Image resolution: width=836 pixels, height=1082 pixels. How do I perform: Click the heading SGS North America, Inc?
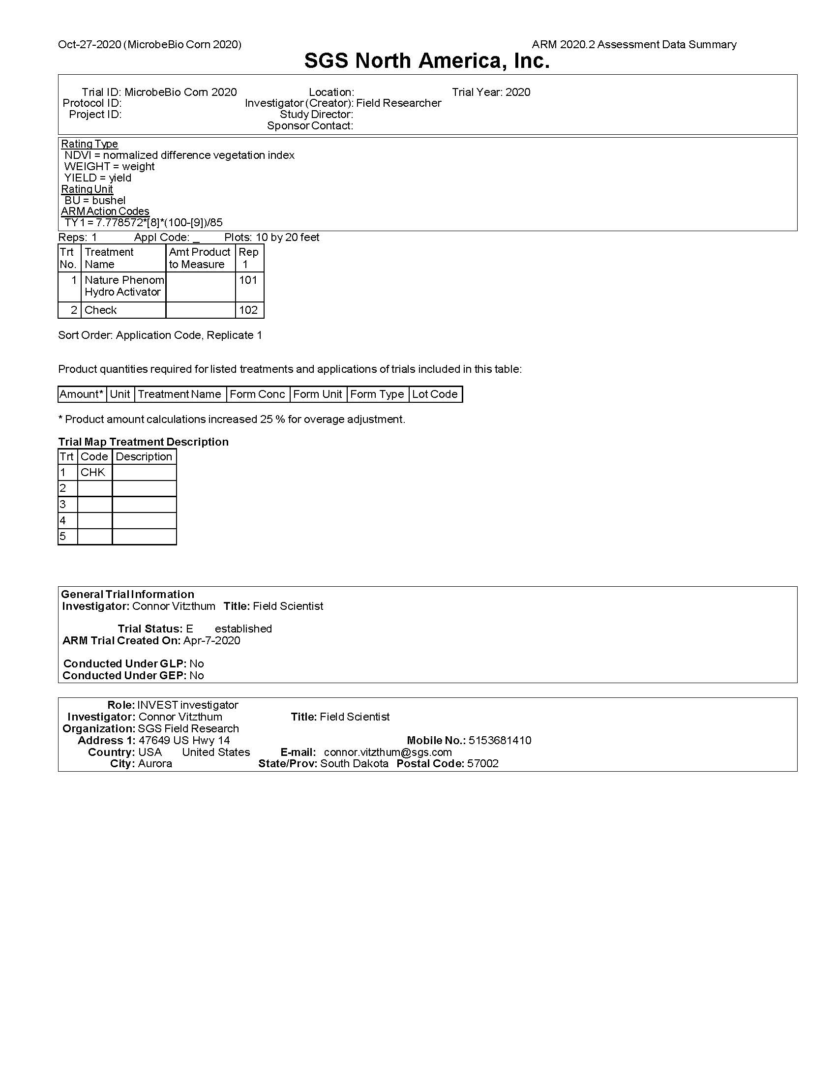[x=426, y=61]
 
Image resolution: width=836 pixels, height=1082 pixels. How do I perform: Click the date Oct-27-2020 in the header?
[x=89, y=45]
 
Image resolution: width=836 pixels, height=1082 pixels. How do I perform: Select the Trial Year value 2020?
[x=517, y=92]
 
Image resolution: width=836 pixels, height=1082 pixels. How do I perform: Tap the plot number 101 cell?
[x=248, y=280]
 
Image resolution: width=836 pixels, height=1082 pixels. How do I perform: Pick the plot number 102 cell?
[x=248, y=310]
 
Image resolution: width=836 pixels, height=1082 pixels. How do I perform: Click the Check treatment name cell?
[x=100, y=310]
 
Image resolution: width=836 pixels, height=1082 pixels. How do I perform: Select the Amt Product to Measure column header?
[x=200, y=258]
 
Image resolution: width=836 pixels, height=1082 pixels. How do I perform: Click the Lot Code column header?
[x=434, y=394]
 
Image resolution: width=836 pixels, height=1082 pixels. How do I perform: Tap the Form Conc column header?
[x=257, y=394]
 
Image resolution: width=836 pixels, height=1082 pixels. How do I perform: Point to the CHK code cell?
[x=93, y=473]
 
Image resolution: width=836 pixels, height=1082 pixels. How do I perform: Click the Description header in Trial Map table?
[x=144, y=457]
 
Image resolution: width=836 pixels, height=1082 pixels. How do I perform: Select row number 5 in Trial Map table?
[x=63, y=537]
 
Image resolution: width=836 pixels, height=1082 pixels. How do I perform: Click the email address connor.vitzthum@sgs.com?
[x=388, y=752]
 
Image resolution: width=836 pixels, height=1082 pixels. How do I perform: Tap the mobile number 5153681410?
[x=500, y=740]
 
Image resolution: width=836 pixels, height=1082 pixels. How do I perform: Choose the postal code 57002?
[x=482, y=763]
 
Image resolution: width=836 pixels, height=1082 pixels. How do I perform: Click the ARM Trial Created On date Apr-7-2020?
[x=211, y=640]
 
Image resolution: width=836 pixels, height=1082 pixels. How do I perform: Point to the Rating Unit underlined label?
[x=87, y=189]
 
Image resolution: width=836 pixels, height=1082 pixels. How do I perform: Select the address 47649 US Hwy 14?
[x=184, y=740]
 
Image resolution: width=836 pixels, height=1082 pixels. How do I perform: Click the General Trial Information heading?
[x=128, y=595]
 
